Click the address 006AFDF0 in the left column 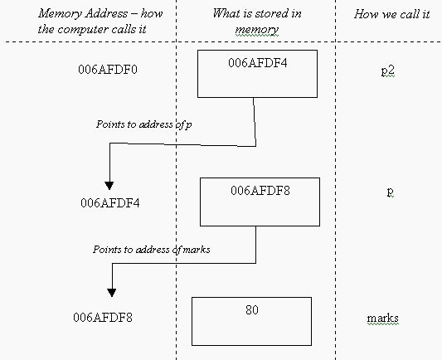pyautogui.click(x=108, y=70)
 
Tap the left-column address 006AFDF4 pyautogui.click(x=110, y=203)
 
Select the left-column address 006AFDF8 pyautogui.click(x=103, y=318)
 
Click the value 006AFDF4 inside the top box pyautogui.click(x=258, y=63)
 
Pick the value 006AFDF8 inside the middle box pyautogui.click(x=260, y=191)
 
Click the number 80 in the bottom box pyautogui.click(x=252, y=310)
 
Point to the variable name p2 pyautogui.click(x=387, y=71)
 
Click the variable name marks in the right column pyautogui.click(x=383, y=319)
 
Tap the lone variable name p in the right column pyautogui.click(x=390, y=192)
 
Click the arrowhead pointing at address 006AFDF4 pyautogui.click(x=109, y=186)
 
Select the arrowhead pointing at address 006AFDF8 pyautogui.click(x=112, y=293)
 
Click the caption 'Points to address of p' pyautogui.click(x=144, y=124)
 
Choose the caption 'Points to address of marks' pyautogui.click(x=152, y=250)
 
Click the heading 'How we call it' pyautogui.click(x=391, y=14)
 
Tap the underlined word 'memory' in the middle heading pyautogui.click(x=256, y=30)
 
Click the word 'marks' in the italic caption pyautogui.click(x=197, y=250)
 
